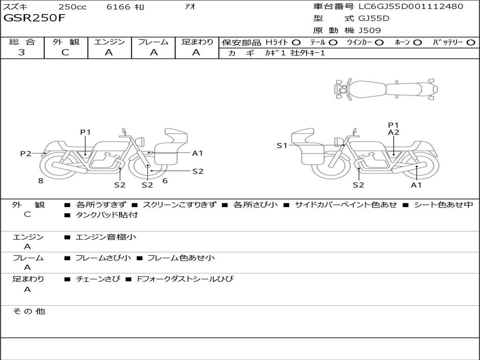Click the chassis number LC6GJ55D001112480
(411, 7)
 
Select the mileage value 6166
(118, 7)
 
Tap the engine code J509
(370, 30)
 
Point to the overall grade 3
(22, 52)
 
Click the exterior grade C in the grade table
(66, 52)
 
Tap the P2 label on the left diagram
(25, 153)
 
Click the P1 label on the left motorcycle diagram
(85, 132)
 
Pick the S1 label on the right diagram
(282, 145)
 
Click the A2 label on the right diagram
(393, 132)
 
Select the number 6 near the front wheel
(165, 180)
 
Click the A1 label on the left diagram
(197, 153)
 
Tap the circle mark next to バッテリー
(471, 42)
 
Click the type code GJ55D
(374, 19)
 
